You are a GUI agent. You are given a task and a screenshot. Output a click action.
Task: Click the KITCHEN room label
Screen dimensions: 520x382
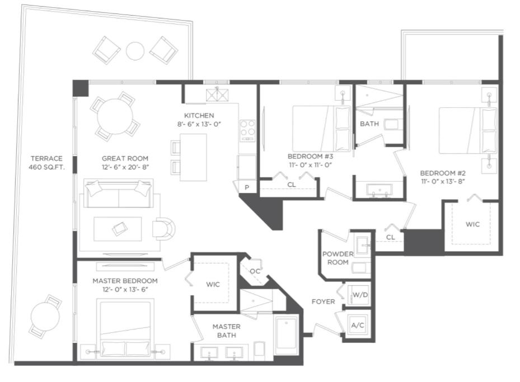pos(199,116)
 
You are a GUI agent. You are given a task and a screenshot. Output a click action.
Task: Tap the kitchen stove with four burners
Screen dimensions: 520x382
pos(248,130)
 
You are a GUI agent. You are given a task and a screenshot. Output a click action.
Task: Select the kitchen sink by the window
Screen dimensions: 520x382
pos(217,95)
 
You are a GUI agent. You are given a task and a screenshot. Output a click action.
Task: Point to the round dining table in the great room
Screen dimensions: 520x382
pos(115,116)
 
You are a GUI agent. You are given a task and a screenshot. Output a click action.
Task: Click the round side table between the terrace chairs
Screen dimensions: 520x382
pos(135,51)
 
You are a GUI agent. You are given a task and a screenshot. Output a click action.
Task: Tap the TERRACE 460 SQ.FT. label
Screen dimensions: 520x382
pos(46,163)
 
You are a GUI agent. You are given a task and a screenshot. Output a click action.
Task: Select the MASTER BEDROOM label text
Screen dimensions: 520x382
pos(125,281)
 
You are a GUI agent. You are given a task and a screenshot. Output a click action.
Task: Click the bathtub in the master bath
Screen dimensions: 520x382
pos(287,333)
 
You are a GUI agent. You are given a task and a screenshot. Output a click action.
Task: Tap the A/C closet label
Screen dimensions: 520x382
pos(357,326)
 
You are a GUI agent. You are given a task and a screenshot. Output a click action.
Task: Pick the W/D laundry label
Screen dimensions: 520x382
pos(360,295)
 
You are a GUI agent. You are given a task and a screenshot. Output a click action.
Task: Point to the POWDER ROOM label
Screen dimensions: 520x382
pos(338,258)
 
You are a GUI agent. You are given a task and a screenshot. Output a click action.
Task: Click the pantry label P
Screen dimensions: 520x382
pos(247,187)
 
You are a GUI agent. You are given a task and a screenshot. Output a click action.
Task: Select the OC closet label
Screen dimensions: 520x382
pos(255,271)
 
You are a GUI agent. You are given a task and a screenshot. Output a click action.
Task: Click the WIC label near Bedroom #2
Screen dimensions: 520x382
pos(472,224)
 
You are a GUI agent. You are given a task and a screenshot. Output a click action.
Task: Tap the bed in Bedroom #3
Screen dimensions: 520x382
pos(321,129)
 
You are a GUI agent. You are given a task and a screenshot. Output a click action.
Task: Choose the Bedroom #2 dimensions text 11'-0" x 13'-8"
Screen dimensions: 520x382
pos(443,182)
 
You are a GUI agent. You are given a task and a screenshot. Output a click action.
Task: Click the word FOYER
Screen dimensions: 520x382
pos(324,301)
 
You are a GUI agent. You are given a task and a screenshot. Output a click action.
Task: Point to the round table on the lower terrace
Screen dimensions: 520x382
pos(45,316)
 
